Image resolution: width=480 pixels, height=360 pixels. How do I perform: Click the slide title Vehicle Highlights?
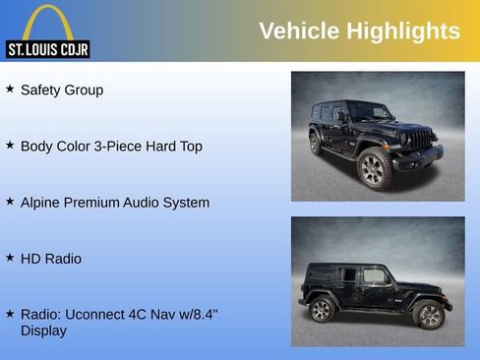(x=359, y=31)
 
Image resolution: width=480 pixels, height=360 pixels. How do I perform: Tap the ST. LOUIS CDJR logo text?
(x=47, y=48)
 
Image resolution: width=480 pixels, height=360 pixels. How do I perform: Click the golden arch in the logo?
(x=47, y=22)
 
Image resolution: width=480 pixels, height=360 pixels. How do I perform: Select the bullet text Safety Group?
(x=62, y=90)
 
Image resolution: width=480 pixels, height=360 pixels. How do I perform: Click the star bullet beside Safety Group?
(x=10, y=89)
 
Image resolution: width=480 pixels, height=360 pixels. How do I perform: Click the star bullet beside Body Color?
(x=10, y=145)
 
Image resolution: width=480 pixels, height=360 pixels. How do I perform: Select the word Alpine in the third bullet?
(x=42, y=203)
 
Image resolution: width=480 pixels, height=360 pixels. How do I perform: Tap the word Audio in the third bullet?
(x=145, y=203)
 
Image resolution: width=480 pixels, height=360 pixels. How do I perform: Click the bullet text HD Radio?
(x=51, y=259)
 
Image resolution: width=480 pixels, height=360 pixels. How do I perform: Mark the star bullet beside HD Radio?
(x=10, y=258)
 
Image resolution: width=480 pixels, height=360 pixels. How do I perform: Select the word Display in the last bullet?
(x=43, y=331)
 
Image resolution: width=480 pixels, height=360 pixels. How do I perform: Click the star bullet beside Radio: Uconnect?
(x=10, y=314)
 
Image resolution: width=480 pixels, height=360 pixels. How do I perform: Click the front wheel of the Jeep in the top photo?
(x=375, y=167)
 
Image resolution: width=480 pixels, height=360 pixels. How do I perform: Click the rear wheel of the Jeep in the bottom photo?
(x=322, y=310)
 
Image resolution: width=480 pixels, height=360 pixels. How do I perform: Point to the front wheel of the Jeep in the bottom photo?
(x=429, y=315)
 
